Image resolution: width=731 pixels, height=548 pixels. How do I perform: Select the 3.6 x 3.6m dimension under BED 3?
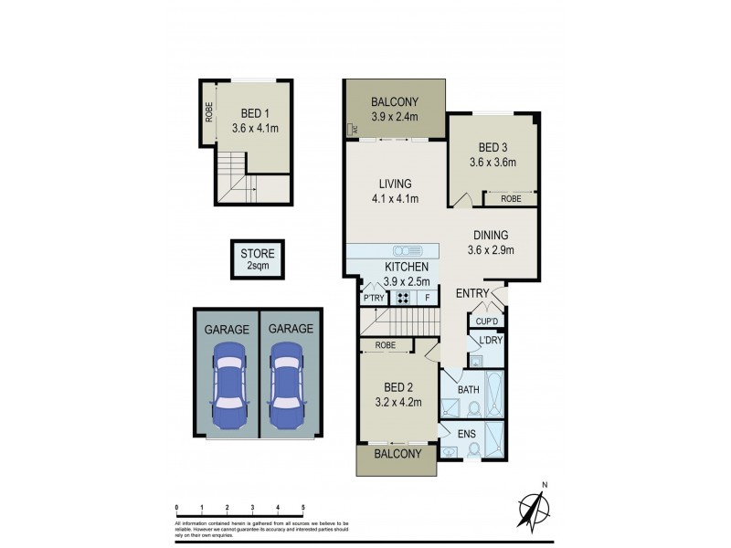click(x=493, y=163)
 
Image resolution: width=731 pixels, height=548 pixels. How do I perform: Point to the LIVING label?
click(x=395, y=184)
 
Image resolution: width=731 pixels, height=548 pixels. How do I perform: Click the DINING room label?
click(x=491, y=235)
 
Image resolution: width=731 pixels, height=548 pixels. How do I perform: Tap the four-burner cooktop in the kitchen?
click(x=402, y=298)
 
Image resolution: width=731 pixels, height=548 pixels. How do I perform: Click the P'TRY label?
click(x=373, y=298)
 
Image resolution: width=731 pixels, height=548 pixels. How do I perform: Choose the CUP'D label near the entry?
click(x=487, y=321)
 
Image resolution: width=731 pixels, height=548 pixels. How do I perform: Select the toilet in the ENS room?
click(x=473, y=448)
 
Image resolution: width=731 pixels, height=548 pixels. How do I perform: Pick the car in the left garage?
click(x=228, y=386)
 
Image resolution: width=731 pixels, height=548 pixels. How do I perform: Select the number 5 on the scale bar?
click(x=302, y=506)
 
